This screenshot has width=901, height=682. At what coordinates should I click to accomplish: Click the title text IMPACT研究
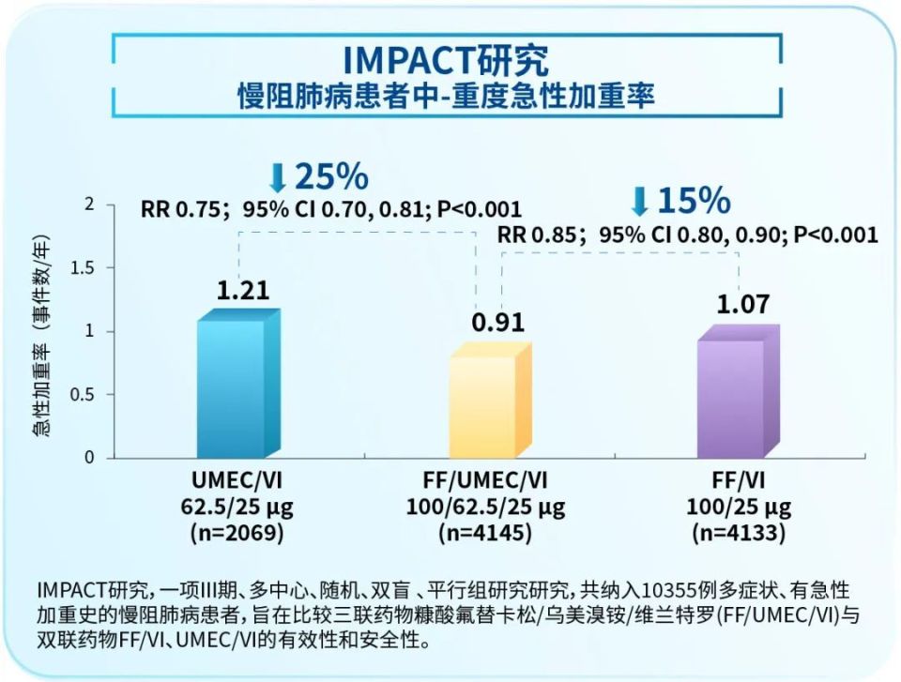[x=446, y=60]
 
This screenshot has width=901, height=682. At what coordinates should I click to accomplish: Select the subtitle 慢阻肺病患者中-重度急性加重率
[x=446, y=96]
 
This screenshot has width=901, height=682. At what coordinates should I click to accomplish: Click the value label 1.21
[x=243, y=290]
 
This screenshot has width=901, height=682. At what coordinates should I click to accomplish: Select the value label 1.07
[x=742, y=304]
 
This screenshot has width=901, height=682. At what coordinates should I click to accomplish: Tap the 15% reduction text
[x=693, y=201]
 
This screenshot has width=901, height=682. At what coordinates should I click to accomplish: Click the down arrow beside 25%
[x=278, y=177]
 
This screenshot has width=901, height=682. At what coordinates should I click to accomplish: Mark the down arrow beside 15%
[x=640, y=202]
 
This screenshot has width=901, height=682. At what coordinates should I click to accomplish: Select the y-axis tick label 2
[x=90, y=205]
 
